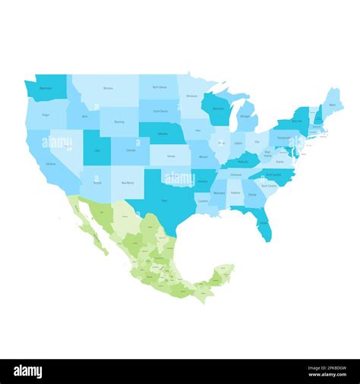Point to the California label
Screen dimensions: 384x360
pos(50,163)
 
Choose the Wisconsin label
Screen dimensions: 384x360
pos(219,109)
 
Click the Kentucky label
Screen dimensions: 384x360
pos(242,162)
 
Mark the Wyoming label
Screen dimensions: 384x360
pos(119,121)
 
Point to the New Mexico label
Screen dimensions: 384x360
pos(129,183)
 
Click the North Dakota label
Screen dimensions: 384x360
pos(159,87)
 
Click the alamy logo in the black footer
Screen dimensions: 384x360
pos(28,372)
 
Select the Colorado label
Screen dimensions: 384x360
pos(131,150)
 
